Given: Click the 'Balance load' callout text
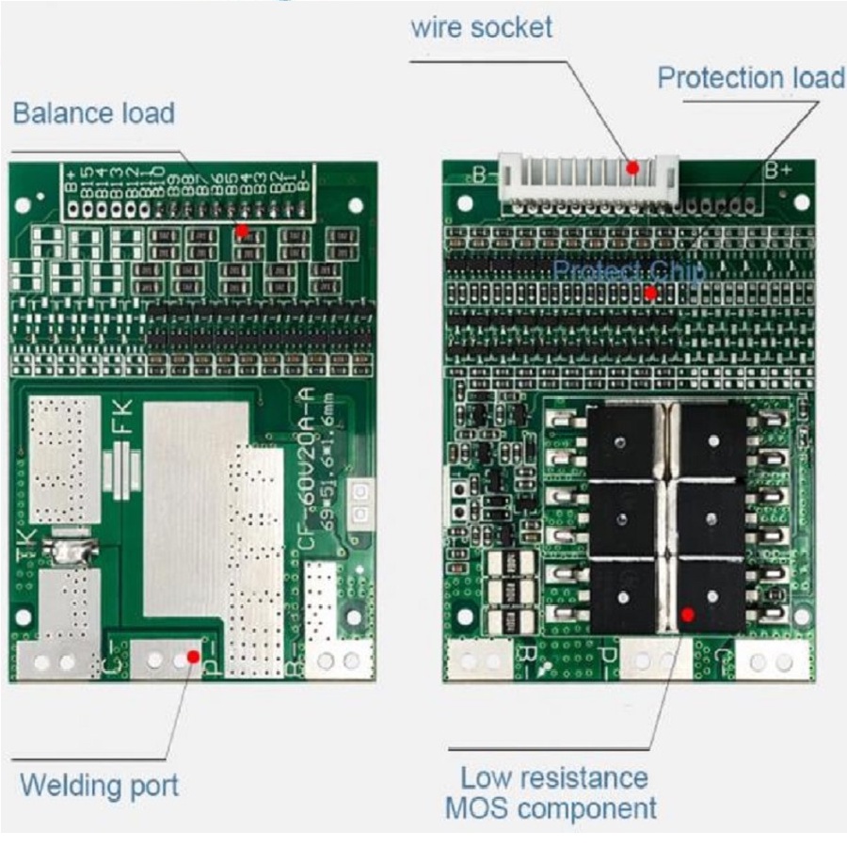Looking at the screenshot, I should click(x=93, y=113).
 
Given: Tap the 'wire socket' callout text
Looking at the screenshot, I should click(x=481, y=26).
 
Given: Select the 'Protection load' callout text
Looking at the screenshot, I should click(x=750, y=77).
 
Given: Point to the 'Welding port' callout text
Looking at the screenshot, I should click(x=99, y=784).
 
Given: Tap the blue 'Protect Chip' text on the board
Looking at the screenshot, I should click(x=628, y=271).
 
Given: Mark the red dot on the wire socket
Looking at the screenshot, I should click(x=633, y=168).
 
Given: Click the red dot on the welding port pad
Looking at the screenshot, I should click(x=193, y=656).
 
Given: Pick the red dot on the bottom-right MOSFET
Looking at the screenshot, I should click(x=687, y=615).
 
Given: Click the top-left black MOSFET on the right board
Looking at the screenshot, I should click(x=621, y=441).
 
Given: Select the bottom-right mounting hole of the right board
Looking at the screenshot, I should click(x=801, y=616).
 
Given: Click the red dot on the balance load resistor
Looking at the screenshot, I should click(x=242, y=230).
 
